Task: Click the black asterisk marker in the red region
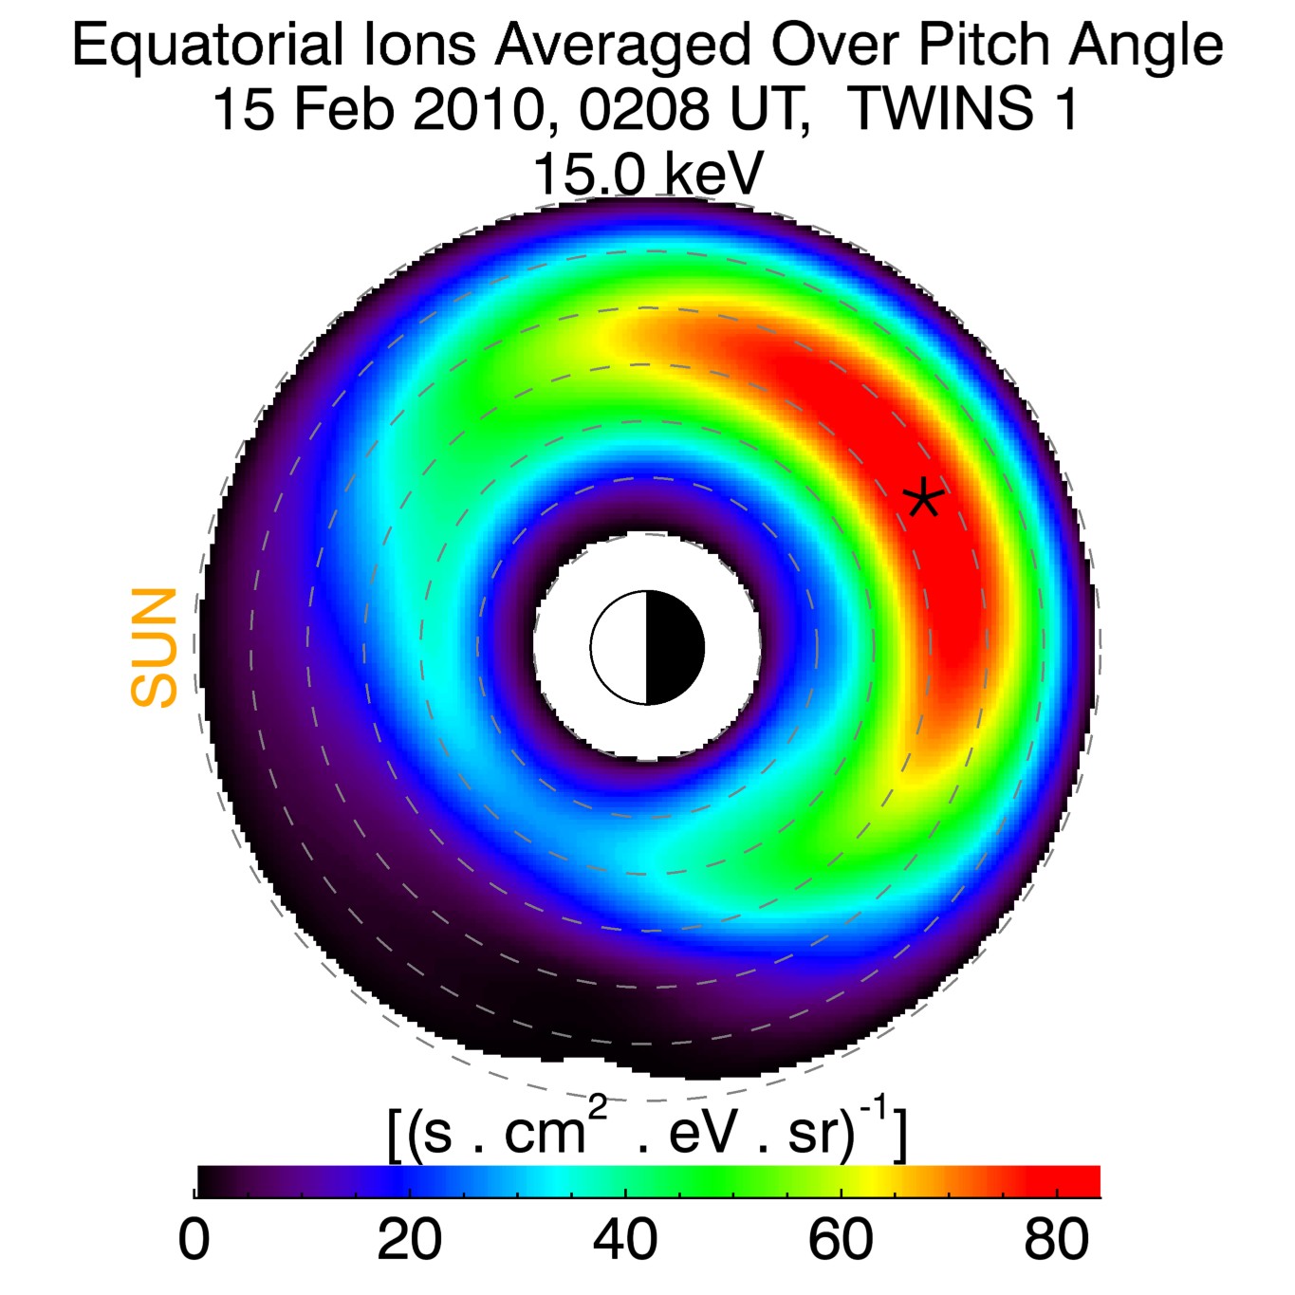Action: coord(922,497)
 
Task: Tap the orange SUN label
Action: coord(155,647)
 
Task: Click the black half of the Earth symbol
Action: coord(675,648)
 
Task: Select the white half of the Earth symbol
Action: coord(620,648)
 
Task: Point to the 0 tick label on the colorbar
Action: coord(194,1240)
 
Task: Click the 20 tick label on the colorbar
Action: coord(409,1240)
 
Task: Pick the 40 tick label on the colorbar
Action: coord(624,1240)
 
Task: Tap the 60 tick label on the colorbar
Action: coord(841,1240)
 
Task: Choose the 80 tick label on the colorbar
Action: coord(1056,1240)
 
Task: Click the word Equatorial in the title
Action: coord(207,46)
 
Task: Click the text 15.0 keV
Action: coord(648,175)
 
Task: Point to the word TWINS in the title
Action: coord(938,109)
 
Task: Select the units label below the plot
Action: coord(648,1129)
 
